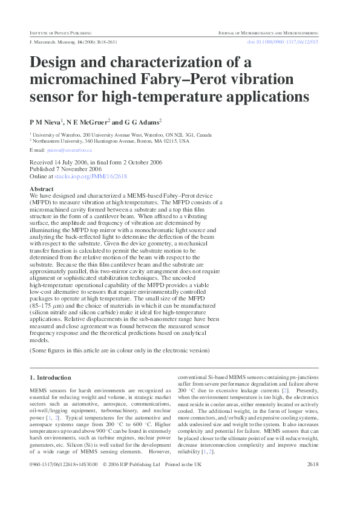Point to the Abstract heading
point(42,189)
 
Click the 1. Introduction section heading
point(50,377)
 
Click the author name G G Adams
point(142,121)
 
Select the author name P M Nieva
point(45,121)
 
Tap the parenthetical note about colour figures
point(120,351)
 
